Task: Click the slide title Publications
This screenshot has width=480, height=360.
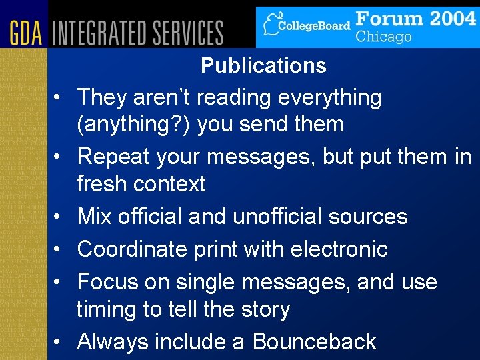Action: tap(263, 66)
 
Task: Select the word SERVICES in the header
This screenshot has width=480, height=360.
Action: tap(188, 33)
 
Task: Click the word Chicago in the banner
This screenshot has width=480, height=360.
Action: tap(383, 36)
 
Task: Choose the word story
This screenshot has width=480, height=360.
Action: tap(265, 309)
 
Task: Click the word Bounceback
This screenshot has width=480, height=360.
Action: tap(314, 342)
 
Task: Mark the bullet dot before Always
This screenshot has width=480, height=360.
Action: tap(60, 343)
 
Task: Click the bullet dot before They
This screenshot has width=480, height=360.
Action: tap(60, 98)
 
